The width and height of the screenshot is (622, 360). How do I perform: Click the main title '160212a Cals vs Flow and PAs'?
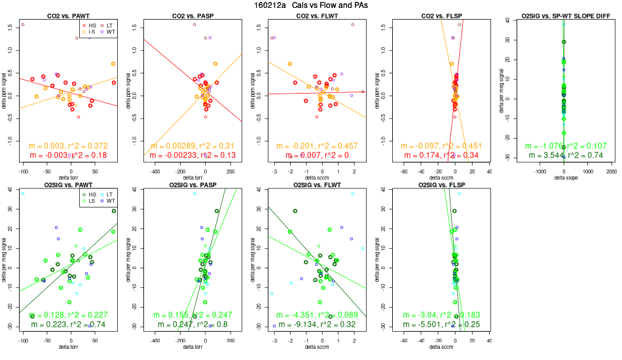[x=311, y=5]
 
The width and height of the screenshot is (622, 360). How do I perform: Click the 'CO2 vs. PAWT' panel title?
[x=68, y=15]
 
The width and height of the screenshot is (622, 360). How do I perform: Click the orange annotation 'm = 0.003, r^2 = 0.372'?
[x=68, y=145]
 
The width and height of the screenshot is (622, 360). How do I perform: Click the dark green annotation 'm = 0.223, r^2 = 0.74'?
[x=68, y=324]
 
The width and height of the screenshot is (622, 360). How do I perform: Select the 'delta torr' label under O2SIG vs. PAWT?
[x=68, y=347]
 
